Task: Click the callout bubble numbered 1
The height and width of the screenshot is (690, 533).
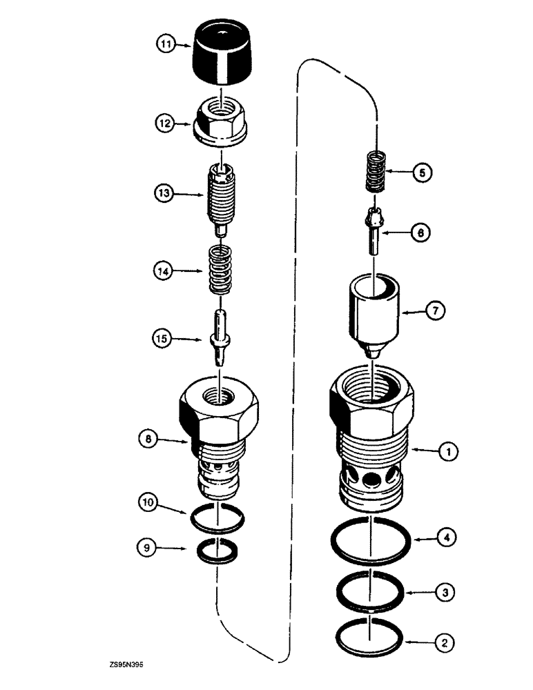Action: (x=447, y=453)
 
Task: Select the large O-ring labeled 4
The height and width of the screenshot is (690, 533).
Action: (x=372, y=539)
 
